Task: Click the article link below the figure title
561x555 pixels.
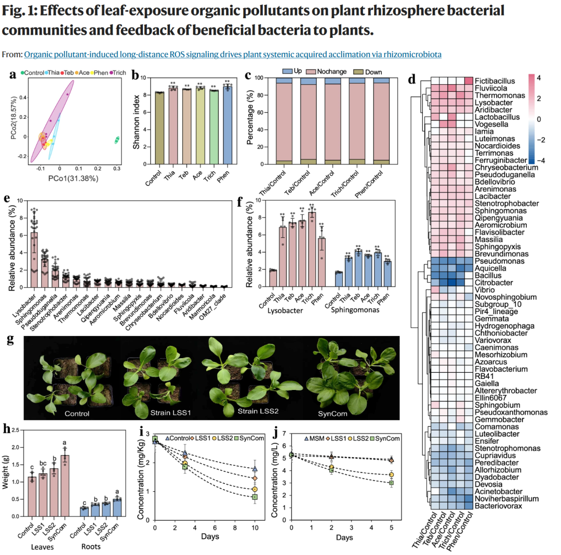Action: click(233, 55)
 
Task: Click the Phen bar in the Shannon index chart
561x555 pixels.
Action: click(228, 125)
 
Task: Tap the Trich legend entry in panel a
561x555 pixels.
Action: click(118, 73)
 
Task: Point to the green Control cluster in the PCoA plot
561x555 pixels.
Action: click(117, 140)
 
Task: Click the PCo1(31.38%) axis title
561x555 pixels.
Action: click(73, 178)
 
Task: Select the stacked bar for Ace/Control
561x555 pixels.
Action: click(333, 121)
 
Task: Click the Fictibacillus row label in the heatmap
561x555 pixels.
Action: click(495, 81)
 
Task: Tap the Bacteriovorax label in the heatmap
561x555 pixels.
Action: click(498, 506)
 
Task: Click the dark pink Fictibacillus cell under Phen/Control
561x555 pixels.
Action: click(469, 81)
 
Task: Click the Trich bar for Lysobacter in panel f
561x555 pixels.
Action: click(312, 249)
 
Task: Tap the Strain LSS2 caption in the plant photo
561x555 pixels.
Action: click(258, 411)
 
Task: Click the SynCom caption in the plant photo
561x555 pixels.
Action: click(332, 414)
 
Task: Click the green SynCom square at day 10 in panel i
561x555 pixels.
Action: click(255, 497)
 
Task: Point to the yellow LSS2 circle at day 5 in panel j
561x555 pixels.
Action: click(392, 475)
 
